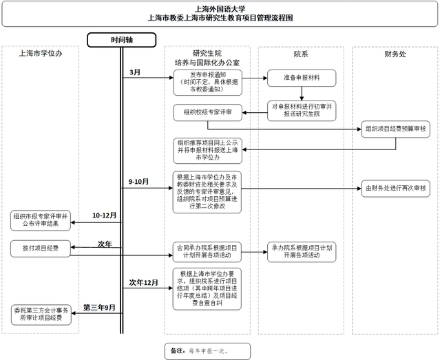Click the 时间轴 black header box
pos(122,39)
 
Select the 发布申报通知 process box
pos(207,81)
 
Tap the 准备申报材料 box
pos(301,76)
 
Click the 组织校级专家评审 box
pos(207,112)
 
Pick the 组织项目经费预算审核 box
pos(395,129)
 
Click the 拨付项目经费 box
pos(41,248)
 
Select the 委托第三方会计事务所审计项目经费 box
pos(41,314)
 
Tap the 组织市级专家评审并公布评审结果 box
pos(41,220)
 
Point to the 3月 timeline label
pos(136,72)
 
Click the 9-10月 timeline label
pos(139,181)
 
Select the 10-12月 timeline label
pos(104,215)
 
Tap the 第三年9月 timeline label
pos(99,306)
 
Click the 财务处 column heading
pos(395,54)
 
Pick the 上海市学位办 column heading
pos(41,54)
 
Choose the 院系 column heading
pos(301,54)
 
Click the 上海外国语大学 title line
pos(220,9)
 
